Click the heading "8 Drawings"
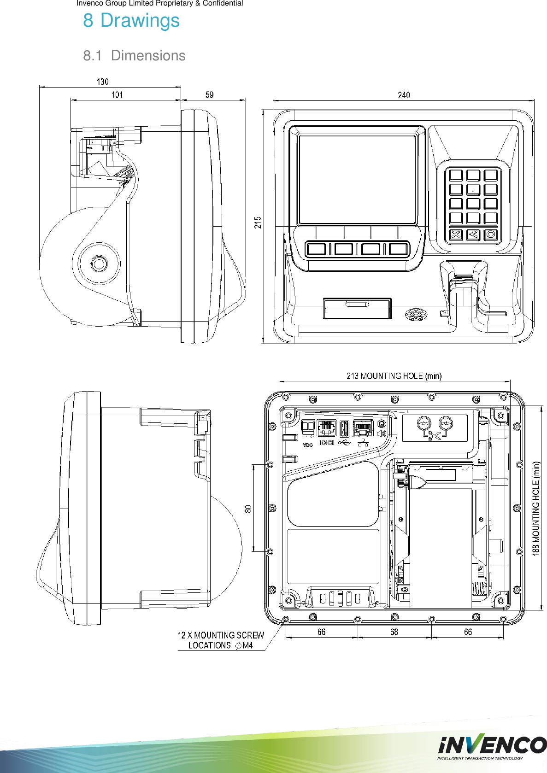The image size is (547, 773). tap(131, 21)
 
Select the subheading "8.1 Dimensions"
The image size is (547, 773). tap(134, 56)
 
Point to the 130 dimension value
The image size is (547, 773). tap(103, 82)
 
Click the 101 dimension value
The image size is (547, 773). tap(117, 94)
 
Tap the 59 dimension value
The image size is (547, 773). tap(210, 94)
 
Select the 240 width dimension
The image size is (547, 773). tap(404, 95)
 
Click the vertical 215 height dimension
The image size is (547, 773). tap(258, 223)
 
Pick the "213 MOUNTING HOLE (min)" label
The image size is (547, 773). tap(394, 376)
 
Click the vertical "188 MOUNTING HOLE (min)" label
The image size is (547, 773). tap(536, 509)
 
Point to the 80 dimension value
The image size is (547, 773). tap(248, 509)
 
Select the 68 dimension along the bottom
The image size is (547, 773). tap(394, 632)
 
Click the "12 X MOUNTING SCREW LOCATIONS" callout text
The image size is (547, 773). tap(221, 640)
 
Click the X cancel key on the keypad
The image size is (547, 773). tap(455, 234)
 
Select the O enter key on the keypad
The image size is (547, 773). tap(491, 234)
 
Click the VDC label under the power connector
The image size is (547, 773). tap(307, 445)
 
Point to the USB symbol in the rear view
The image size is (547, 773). tap(344, 443)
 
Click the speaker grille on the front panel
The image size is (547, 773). tap(416, 315)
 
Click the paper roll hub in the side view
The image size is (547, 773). tap(99, 264)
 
